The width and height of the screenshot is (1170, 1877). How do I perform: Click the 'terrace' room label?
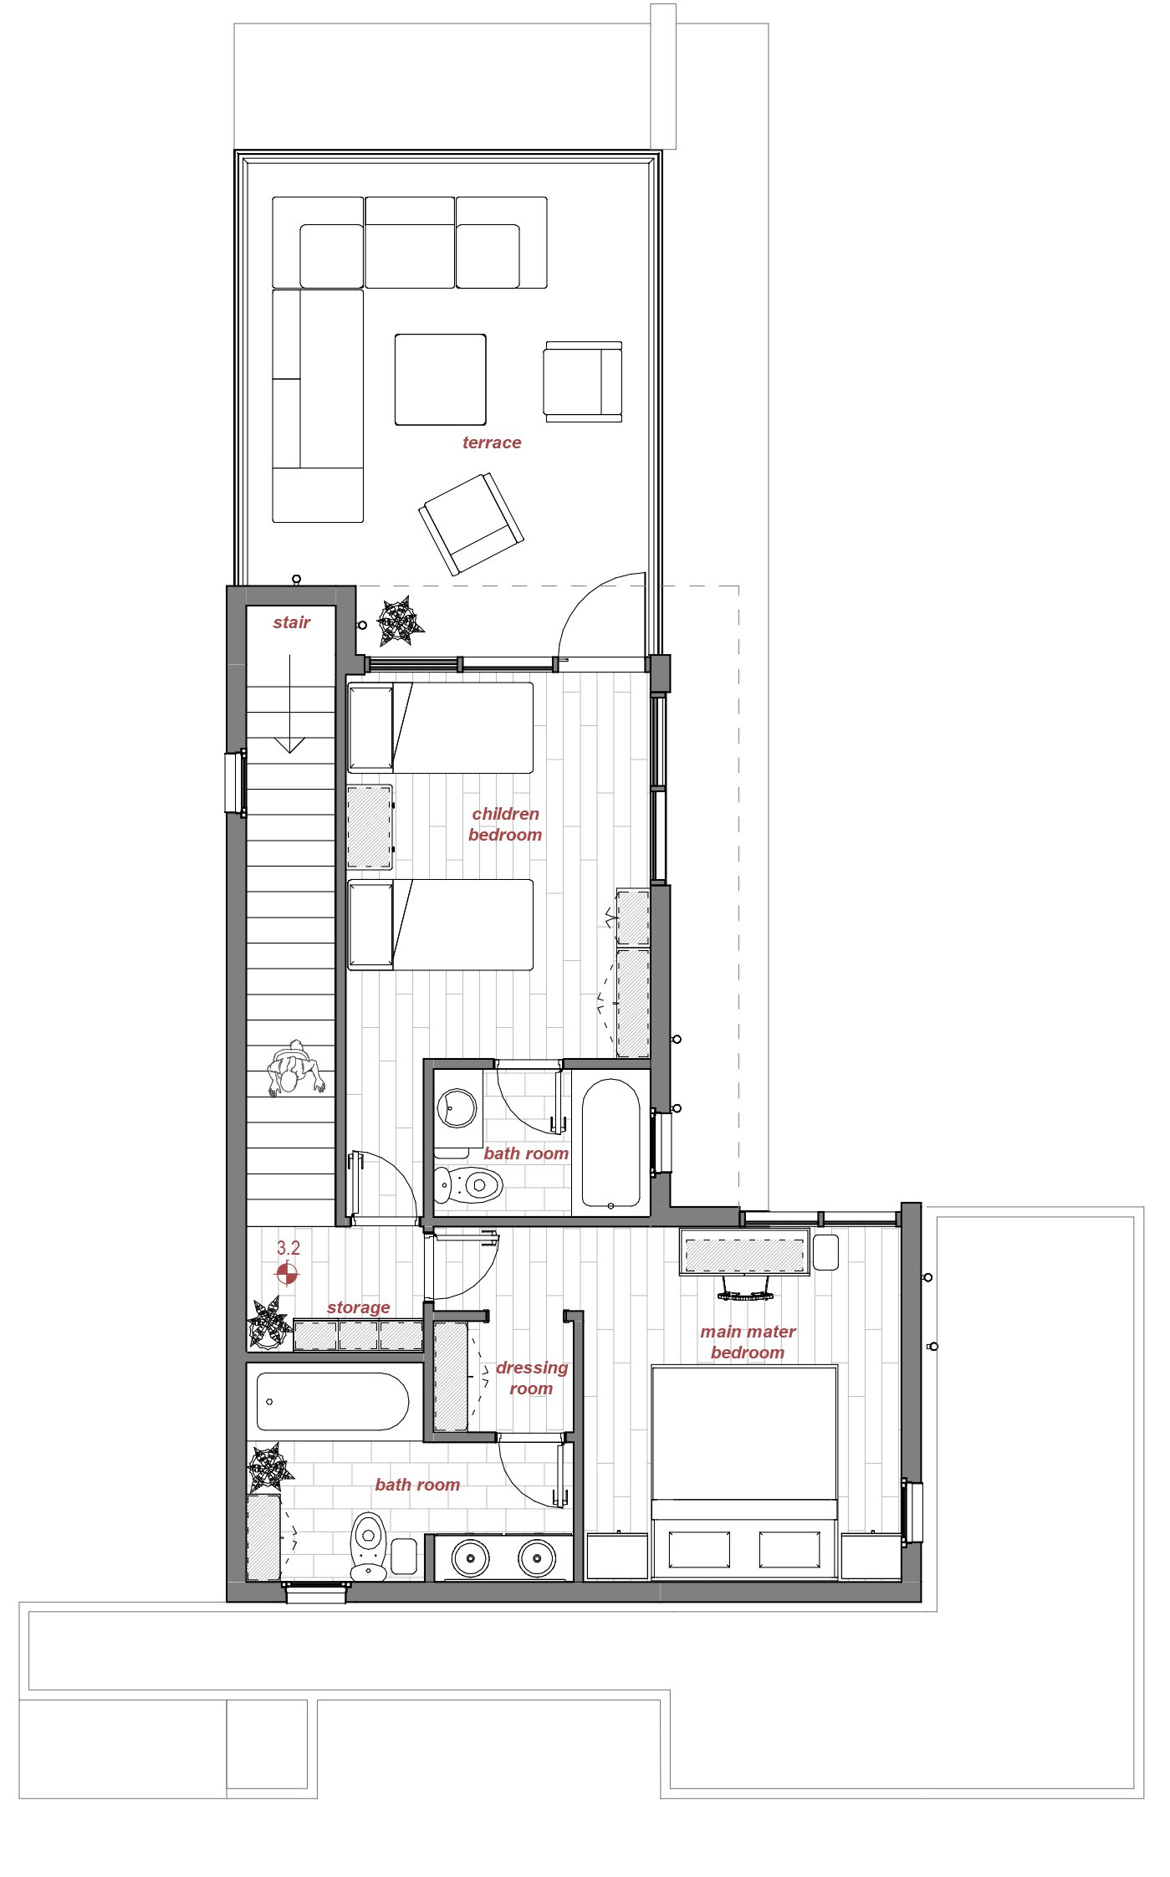pos(492,442)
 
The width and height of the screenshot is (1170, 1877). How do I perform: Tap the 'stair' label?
pos(291,622)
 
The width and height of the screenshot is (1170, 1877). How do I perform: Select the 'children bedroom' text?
pos(505,824)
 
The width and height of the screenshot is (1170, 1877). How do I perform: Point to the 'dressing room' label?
pos(532,1378)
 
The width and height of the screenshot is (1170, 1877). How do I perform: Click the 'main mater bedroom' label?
pos(748,1342)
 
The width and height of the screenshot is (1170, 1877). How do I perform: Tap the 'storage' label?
pos(359,1307)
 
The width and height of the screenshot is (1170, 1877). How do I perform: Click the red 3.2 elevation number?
pos(289,1248)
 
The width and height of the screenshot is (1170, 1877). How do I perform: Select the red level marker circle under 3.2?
pos(287,1273)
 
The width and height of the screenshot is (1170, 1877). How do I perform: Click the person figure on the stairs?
pos(294,1068)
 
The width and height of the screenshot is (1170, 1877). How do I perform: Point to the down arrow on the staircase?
pos(289,703)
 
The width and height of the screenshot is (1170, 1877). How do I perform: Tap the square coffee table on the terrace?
pos(441,380)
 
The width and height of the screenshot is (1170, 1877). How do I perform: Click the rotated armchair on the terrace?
pos(472,524)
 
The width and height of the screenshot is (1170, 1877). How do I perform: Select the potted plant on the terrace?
pos(400,621)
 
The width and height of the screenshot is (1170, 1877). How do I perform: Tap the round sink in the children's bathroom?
pos(457,1109)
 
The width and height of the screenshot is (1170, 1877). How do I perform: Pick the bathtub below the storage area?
pos(333,1401)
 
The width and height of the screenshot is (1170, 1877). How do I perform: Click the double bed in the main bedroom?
pos(744,1472)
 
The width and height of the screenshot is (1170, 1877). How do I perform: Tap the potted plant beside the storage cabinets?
pos(269,1322)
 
